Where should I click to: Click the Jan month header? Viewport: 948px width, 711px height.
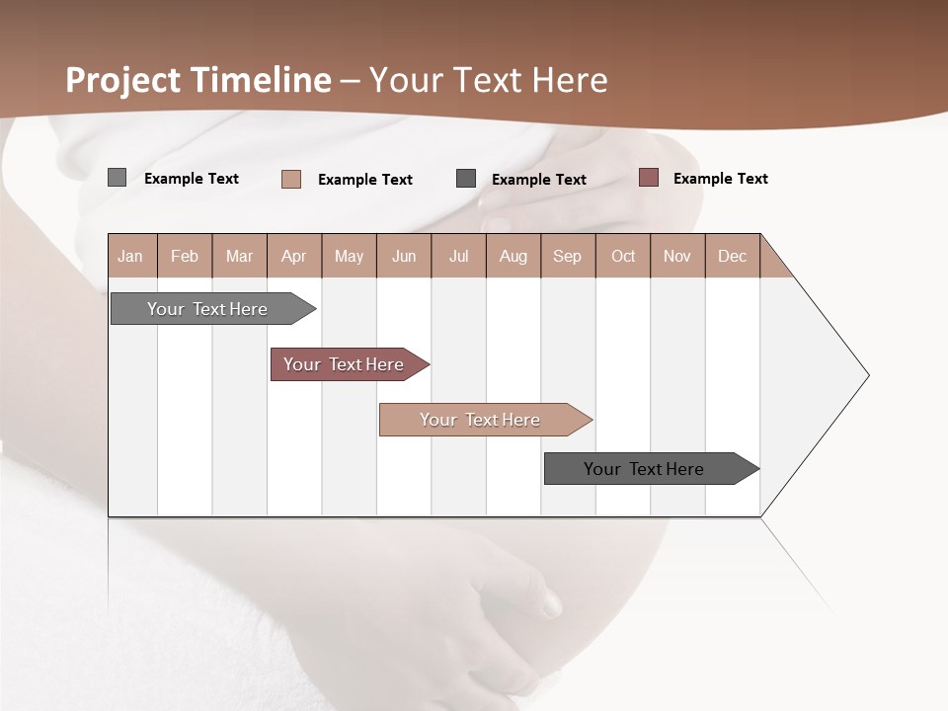[x=131, y=256]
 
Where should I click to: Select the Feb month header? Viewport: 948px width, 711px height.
[x=185, y=256]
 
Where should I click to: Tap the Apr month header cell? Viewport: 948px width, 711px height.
[x=294, y=256]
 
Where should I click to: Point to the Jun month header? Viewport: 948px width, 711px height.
[x=404, y=256]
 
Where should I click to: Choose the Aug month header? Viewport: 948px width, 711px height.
[x=513, y=256]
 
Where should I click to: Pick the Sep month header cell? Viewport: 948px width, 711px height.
[x=568, y=256]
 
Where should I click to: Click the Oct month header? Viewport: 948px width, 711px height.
[x=623, y=256]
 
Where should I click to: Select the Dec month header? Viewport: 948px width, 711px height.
[x=733, y=256]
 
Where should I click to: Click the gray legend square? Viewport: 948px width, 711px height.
[x=117, y=178]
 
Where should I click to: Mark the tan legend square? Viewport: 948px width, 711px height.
[x=291, y=179]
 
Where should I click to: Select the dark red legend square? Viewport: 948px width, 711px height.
[x=648, y=178]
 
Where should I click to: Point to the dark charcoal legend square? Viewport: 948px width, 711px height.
[x=466, y=179]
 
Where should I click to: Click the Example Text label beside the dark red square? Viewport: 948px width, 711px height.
[x=720, y=179]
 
